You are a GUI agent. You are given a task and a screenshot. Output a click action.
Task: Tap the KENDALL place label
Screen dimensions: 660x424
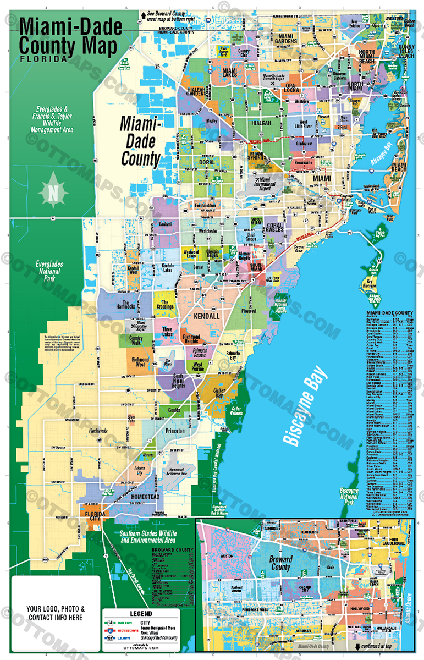click(x=207, y=317)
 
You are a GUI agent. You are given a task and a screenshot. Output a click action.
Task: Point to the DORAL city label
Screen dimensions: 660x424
click(x=207, y=163)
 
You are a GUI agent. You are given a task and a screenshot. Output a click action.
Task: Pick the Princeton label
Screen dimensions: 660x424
click(x=174, y=431)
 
